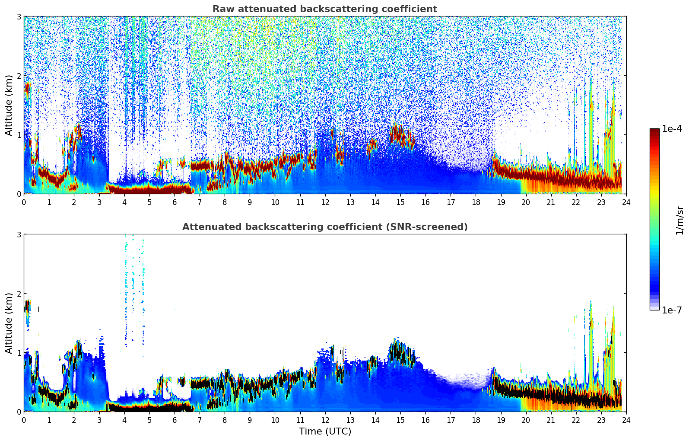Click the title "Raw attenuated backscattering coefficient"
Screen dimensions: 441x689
click(325, 9)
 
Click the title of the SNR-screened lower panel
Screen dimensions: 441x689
click(325, 227)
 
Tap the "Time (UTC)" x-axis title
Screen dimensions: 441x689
click(325, 431)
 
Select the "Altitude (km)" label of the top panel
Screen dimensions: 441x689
click(9, 105)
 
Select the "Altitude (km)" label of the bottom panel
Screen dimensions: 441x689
click(9, 323)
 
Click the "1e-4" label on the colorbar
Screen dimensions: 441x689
click(672, 129)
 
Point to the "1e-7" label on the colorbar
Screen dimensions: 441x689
click(672, 310)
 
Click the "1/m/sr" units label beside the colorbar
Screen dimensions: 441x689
click(679, 220)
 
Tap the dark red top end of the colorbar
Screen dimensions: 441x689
click(654, 131)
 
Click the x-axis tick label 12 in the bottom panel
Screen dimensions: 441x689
click(325, 420)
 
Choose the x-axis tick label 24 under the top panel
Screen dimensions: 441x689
click(626, 202)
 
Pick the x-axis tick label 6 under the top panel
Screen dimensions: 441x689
click(175, 202)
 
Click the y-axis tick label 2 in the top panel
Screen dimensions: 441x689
click(19, 76)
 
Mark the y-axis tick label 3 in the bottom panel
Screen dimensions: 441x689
click(19, 234)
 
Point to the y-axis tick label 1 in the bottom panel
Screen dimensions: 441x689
click(19, 353)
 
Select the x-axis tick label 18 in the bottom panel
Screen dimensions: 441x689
click(476, 420)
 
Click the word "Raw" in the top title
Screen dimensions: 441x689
click(222, 9)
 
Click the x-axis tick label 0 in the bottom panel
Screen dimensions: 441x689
click(24, 420)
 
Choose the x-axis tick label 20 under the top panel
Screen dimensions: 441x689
click(526, 202)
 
